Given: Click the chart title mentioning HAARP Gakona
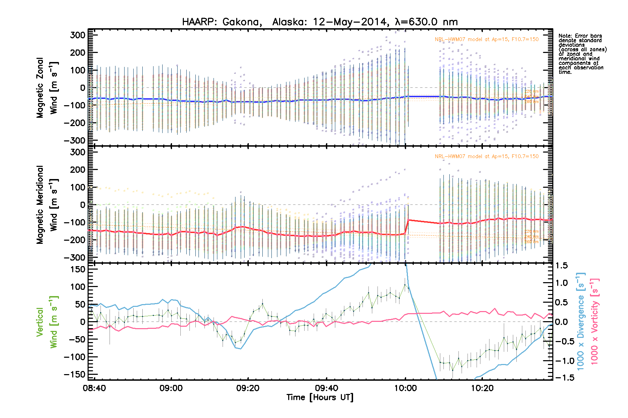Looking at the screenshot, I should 320,22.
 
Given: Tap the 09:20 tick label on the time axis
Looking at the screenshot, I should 248,388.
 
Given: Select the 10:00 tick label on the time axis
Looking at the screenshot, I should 405,388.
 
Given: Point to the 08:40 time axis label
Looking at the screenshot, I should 94,388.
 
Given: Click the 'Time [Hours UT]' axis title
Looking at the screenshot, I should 320,397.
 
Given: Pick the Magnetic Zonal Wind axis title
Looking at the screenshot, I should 47,88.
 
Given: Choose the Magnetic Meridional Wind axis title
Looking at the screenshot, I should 47,205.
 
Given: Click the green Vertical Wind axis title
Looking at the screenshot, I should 47,322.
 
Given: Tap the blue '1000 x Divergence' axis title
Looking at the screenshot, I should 580,322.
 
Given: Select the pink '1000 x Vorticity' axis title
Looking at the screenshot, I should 595,322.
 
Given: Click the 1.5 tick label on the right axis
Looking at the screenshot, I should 562,266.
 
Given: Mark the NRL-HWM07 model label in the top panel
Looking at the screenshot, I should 486,39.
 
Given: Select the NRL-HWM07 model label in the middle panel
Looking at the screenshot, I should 486,156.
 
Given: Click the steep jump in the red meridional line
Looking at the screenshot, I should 406,227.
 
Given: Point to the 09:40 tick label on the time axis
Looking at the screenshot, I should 326,388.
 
